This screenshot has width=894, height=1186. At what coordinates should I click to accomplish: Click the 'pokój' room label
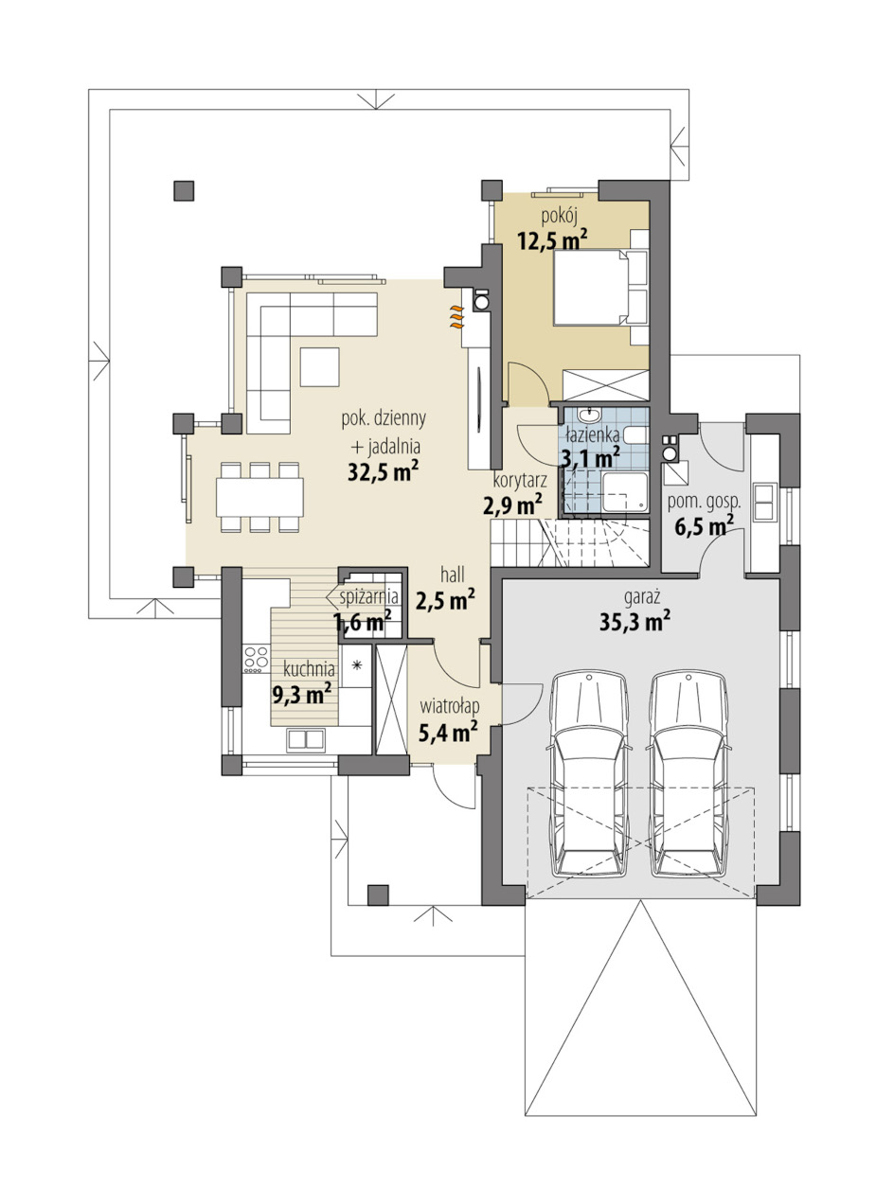click(x=560, y=217)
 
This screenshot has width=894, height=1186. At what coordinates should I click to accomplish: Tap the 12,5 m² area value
click(x=552, y=239)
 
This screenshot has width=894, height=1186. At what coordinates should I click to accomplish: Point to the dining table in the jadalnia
click(x=259, y=497)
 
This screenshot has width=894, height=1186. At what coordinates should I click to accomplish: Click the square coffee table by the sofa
click(x=319, y=367)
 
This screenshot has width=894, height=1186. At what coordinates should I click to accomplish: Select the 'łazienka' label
click(x=592, y=435)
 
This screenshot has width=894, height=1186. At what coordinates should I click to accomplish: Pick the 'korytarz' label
click(x=519, y=480)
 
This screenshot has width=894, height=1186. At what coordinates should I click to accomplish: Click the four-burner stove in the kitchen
click(x=256, y=659)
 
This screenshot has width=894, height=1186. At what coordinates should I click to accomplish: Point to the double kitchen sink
click(x=305, y=739)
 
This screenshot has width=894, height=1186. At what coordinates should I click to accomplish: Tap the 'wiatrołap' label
click(x=450, y=707)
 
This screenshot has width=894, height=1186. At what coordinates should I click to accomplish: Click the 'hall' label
click(x=453, y=575)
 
